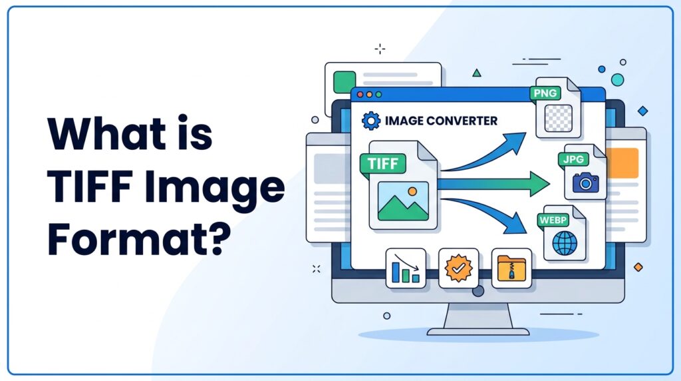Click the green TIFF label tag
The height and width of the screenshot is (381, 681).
point(382,164)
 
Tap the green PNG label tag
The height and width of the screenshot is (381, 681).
point(545,93)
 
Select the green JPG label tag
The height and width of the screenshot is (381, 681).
point(573,160)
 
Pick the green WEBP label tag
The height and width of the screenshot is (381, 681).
point(553,220)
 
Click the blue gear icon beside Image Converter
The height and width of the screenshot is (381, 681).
point(371,121)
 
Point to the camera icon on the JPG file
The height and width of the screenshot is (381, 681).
point(585,183)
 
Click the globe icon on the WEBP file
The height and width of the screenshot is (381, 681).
point(565,243)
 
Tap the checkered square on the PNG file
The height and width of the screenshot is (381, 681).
point(558,118)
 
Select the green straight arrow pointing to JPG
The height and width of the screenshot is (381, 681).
point(493,184)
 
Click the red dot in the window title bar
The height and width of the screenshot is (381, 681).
point(360,95)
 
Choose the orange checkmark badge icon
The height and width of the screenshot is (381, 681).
point(458,268)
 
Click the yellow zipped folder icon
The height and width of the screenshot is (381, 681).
point(511,268)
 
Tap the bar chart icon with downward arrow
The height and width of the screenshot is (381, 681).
point(406,268)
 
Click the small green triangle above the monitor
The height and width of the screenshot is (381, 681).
point(477,73)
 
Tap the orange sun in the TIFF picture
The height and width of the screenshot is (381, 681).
point(412,191)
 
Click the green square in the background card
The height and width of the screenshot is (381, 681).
point(344,82)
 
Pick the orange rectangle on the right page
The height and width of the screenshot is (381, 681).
point(622,163)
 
